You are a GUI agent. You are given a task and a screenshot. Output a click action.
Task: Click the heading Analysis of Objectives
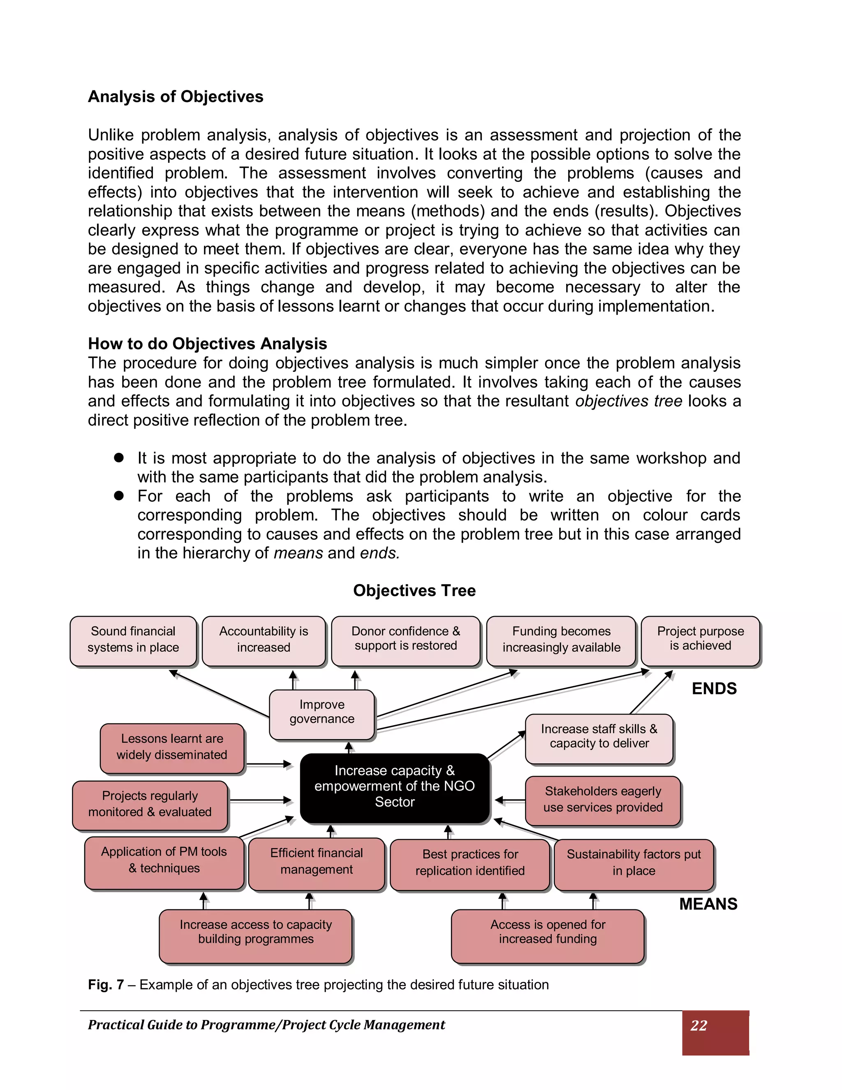176,96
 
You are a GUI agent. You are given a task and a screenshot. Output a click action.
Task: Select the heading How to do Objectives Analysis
208,343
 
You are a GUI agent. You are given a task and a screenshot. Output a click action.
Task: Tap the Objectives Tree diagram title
414,590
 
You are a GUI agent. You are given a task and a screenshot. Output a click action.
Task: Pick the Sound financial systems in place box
133,641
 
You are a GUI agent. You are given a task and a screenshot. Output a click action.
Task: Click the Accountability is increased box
264,641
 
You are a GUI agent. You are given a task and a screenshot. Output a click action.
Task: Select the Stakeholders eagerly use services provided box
603,800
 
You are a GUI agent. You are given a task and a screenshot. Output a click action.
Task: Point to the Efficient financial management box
316,863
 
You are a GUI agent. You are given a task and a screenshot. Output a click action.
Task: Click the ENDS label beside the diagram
714,689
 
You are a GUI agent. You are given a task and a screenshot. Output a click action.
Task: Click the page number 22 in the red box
699,1025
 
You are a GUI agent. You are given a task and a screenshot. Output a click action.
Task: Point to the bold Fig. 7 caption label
106,985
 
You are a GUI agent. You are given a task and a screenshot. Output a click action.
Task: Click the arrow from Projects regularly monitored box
260,800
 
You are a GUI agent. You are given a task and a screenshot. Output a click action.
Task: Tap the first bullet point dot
119,458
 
